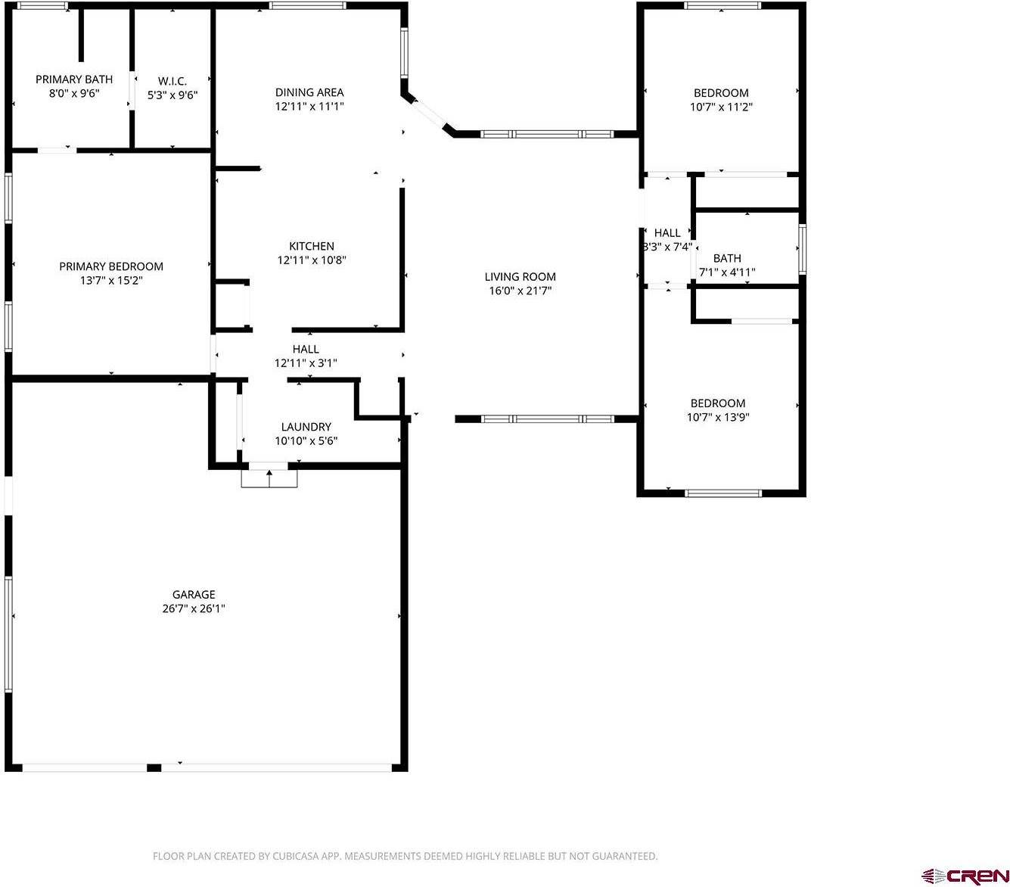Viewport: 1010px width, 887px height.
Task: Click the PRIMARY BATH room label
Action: (74, 79)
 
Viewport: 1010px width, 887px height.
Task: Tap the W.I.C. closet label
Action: (172, 81)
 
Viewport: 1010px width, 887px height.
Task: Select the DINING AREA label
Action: (309, 92)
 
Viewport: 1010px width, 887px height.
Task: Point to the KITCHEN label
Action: (312, 246)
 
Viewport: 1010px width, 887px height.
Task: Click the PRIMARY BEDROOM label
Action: (111, 266)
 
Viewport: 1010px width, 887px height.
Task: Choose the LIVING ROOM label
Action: (521, 277)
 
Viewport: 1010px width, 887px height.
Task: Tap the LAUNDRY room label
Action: (306, 427)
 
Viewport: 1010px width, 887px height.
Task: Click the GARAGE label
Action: (194, 595)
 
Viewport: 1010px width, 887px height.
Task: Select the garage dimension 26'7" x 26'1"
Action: (194, 608)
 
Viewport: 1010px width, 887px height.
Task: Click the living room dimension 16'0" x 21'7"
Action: (521, 291)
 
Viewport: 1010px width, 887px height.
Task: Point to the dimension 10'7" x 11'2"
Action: (721, 107)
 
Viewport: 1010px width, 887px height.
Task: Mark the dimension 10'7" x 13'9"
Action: (718, 417)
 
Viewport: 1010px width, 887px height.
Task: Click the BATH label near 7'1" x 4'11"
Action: (727, 258)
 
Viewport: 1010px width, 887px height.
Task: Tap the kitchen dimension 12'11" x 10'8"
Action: (312, 260)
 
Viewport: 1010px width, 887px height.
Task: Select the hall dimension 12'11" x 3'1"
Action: (306, 363)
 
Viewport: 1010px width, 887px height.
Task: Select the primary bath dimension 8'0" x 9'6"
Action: (74, 93)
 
